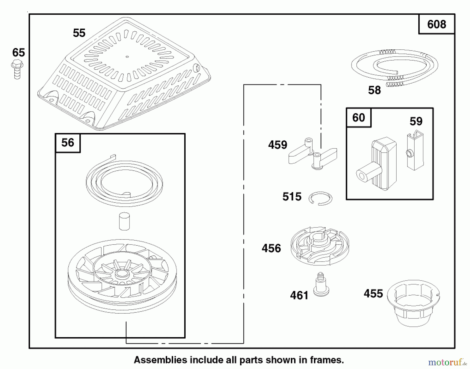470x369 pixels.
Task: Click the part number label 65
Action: click(x=19, y=53)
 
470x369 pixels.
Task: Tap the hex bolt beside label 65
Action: click(x=17, y=69)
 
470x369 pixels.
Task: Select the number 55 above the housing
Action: click(x=79, y=33)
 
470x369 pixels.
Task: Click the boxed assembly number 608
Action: click(x=437, y=24)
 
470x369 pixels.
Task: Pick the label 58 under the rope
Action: click(x=374, y=90)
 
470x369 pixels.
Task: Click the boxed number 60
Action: click(x=359, y=118)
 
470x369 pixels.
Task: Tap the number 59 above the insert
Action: click(x=416, y=122)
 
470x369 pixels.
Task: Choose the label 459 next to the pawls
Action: click(x=278, y=145)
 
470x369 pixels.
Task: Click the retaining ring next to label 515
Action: click(x=320, y=198)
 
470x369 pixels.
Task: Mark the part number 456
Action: click(x=271, y=248)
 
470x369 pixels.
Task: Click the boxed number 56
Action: click(x=68, y=143)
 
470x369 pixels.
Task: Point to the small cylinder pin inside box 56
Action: click(x=124, y=222)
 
